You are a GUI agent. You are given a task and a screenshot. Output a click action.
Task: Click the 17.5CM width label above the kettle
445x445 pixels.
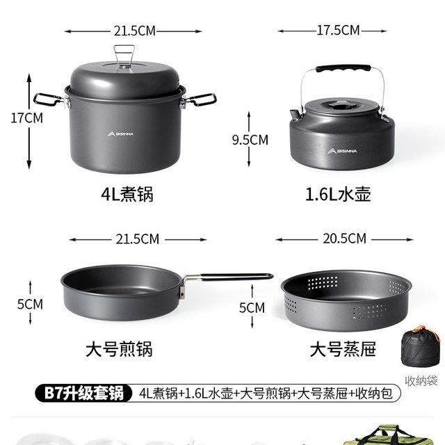coord(338,31)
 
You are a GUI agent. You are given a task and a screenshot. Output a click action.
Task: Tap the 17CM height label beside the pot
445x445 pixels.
coord(26,118)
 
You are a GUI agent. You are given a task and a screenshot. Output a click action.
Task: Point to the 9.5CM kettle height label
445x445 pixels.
coord(250,140)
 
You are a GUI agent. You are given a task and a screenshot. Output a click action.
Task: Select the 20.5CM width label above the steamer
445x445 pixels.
coord(345,238)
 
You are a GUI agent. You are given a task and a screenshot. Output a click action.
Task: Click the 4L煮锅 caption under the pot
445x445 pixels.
coord(127,194)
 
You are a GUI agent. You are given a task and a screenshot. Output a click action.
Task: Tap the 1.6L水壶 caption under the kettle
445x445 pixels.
coord(338,194)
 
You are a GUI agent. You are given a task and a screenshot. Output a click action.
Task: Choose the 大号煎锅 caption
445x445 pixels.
coord(119,349)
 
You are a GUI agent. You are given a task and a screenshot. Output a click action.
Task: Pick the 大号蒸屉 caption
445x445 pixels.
coord(343,349)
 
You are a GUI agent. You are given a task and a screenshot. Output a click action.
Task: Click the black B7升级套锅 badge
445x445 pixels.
coord(84,393)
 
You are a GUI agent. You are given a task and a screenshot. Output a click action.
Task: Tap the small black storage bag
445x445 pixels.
coord(420,347)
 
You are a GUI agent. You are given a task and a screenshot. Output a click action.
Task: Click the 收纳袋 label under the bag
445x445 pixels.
coord(421,381)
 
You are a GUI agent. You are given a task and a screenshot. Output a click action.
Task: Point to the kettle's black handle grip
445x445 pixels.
coord(343,68)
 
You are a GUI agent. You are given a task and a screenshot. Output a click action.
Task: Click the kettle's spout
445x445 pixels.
coord(295,114)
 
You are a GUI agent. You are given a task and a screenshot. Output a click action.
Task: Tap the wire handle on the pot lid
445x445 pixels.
coord(124,56)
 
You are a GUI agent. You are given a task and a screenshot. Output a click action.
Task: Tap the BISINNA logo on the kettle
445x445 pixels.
coord(342,151)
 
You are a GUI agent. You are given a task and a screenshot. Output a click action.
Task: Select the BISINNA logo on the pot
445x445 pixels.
coord(120,133)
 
